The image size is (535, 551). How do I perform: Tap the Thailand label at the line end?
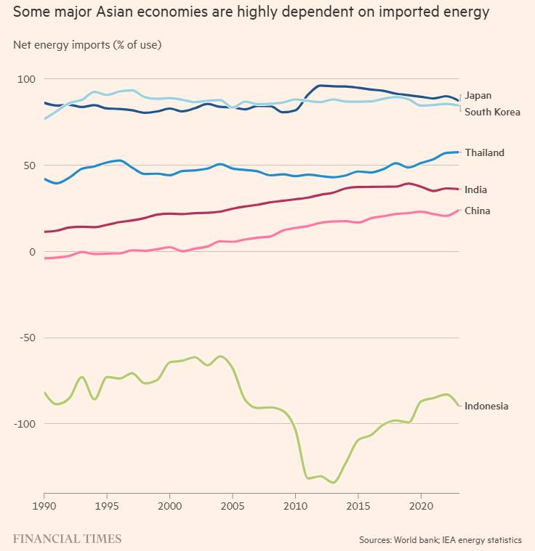[484, 153]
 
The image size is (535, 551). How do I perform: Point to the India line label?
[475, 190]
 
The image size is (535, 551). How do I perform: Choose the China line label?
[477, 211]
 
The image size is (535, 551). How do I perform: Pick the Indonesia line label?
[486, 407]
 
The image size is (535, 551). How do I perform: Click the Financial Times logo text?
[67, 539]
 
